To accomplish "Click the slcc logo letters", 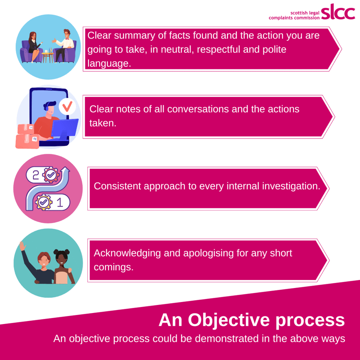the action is tap(338, 11).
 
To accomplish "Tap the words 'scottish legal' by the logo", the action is tap(305, 13).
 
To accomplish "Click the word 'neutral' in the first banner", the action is tap(177, 50).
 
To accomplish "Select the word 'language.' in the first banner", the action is tap(109, 64).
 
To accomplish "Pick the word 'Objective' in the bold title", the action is tap(229, 320).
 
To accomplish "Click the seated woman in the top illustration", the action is tap(34, 47).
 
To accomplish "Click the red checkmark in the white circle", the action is tap(67, 106).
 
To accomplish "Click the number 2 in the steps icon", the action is tap(36, 175).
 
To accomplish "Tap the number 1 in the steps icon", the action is tap(60, 202).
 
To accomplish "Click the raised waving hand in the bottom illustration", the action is tap(22, 246).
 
